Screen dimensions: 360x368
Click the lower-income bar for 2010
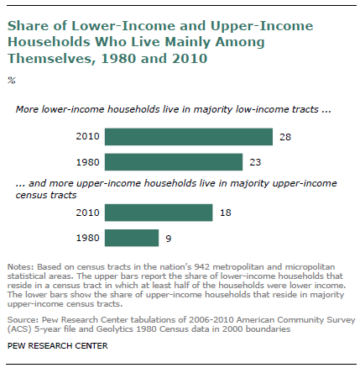(189, 137)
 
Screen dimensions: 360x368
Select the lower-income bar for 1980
(174, 162)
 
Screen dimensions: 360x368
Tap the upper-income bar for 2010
(159, 213)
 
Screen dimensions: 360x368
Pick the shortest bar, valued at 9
(132, 238)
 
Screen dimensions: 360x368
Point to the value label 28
(285, 137)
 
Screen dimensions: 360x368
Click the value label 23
(255, 162)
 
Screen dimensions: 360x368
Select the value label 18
(226, 213)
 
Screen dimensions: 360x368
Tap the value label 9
(169, 239)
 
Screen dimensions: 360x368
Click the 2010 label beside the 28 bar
(87, 137)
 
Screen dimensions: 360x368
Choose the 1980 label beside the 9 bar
(87, 238)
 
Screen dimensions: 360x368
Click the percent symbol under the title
(12, 81)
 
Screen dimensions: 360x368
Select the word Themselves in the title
(50, 59)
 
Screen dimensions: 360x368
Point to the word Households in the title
(50, 42)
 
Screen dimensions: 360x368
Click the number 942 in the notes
(202, 266)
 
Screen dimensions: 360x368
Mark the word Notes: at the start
(21, 266)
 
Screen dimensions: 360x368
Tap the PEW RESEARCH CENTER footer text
(58, 346)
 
